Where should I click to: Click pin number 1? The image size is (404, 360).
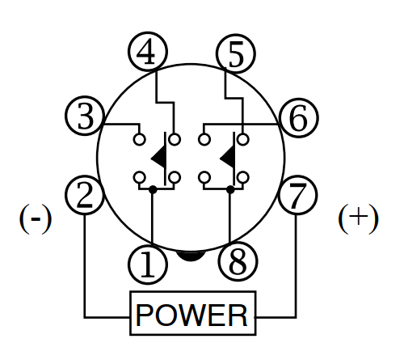click(148, 265)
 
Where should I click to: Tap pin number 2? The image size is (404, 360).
click(85, 195)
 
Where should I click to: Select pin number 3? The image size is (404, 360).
click(85, 116)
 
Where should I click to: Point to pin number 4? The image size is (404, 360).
click(148, 52)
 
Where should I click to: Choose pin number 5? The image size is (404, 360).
click(236, 53)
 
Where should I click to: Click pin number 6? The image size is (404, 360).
click(299, 118)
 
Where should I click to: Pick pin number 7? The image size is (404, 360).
click(297, 195)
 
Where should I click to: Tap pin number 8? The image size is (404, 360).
click(238, 261)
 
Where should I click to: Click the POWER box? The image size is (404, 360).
click(193, 313)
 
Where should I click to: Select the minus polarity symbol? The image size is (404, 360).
click(36, 218)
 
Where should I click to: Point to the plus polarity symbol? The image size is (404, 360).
click(358, 218)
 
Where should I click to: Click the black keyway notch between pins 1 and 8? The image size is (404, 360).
click(191, 256)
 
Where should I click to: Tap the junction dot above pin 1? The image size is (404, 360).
click(153, 189)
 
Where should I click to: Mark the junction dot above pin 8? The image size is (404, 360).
click(230, 189)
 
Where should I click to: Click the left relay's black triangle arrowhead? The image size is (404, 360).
click(159, 158)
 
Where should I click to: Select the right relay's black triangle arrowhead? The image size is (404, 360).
click(228, 158)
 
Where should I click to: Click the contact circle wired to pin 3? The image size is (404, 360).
click(140, 140)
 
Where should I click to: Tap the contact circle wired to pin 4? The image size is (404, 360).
click(175, 140)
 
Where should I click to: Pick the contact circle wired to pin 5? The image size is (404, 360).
click(243, 140)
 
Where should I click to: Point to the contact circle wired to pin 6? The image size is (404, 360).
click(204, 140)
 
